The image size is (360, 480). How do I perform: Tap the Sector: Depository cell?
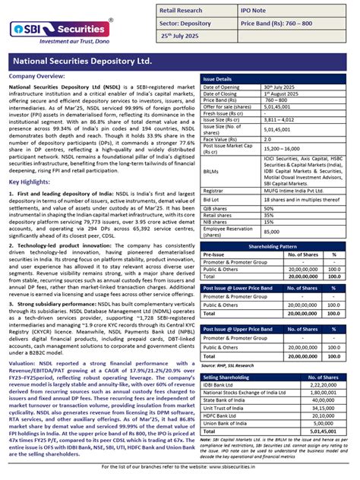192,24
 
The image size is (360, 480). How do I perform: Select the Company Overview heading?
37,77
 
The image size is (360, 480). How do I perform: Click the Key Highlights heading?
30,182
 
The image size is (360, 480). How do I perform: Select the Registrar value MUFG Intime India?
289,191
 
